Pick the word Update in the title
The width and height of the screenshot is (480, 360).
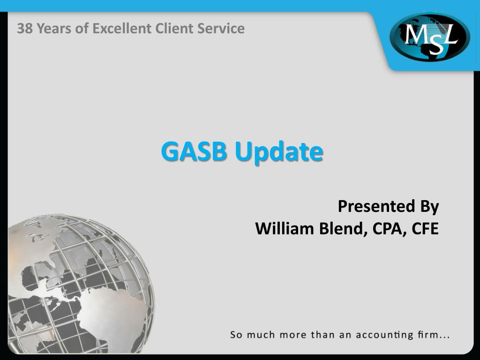(x=279, y=152)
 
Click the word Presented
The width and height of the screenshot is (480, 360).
(x=370, y=206)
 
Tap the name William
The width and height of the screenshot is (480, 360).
(x=285, y=229)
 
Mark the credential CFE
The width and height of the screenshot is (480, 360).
(x=425, y=229)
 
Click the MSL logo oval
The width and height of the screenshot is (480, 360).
(x=429, y=37)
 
